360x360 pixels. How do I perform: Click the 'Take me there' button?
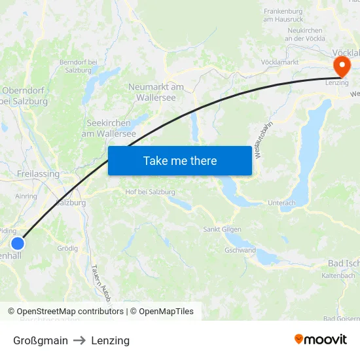click(179, 160)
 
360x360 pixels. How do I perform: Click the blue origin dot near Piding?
click(17, 243)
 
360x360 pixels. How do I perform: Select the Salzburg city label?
click(71, 203)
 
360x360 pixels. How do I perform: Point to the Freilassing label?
click(37, 174)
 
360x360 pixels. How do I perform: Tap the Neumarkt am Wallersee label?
click(156, 92)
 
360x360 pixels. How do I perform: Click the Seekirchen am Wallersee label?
click(108, 128)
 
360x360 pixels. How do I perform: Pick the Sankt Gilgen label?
click(222, 230)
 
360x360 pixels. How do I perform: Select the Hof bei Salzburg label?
click(150, 192)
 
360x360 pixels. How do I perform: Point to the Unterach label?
click(281, 203)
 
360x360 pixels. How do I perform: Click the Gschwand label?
click(240, 250)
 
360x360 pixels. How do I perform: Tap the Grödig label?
click(67, 249)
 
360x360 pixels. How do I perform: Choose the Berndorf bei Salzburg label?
click(78, 65)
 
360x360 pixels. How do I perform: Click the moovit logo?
click(320, 340)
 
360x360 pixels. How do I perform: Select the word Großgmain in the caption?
click(41, 340)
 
